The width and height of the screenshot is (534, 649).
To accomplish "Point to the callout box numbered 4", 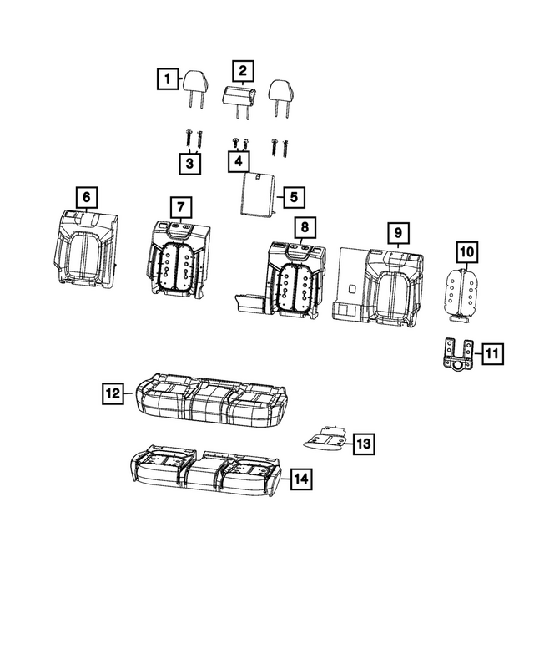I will click(x=239, y=160).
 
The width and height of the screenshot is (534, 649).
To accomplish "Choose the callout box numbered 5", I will click(x=293, y=197).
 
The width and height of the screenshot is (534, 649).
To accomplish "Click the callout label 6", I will click(x=85, y=198).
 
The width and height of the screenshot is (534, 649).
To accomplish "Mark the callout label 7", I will click(x=180, y=207).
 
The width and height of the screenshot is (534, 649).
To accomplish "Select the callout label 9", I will click(x=398, y=231).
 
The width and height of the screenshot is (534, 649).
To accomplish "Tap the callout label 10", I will click(x=466, y=251).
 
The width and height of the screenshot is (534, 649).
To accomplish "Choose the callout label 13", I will click(x=363, y=444).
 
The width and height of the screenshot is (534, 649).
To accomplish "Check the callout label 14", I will click(x=300, y=479).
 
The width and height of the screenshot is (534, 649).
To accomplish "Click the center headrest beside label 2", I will click(x=240, y=96).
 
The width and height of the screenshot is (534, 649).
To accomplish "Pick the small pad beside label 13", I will click(x=324, y=437).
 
